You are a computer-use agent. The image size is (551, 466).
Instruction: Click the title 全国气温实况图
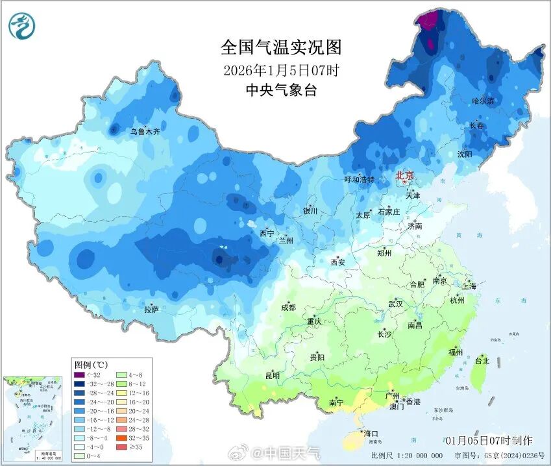click(x=280, y=47)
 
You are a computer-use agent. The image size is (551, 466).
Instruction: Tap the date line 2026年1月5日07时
click(x=280, y=69)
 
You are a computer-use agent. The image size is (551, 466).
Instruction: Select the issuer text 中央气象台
click(x=280, y=90)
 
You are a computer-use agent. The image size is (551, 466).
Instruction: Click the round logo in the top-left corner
click(x=22, y=25)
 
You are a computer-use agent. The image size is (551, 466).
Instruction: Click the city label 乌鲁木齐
click(x=145, y=132)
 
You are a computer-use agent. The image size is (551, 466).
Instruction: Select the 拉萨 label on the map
click(x=151, y=310)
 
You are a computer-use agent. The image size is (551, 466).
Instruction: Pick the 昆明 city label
click(x=272, y=375)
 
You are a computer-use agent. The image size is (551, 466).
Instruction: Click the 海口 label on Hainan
click(x=371, y=433)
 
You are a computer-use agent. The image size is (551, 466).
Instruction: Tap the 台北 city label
click(x=482, y=360)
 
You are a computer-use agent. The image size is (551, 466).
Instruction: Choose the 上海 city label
click(x=469, y=286)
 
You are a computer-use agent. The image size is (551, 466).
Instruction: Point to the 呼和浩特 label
click(x=359, y=180)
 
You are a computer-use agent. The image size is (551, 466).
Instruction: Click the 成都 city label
click(x=288, y=308)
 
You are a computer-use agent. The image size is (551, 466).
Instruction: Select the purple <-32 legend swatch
click(x=79, y=375)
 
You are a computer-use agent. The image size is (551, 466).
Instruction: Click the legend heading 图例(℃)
click(x=91, y=365)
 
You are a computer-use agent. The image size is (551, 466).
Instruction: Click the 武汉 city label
click(x=395, y=304)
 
